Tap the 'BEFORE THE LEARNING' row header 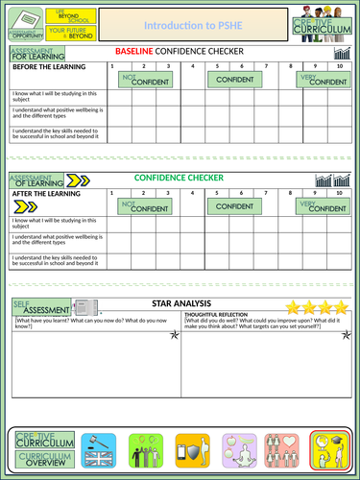coord(45,66)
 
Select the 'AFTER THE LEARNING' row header coord(43,192)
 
